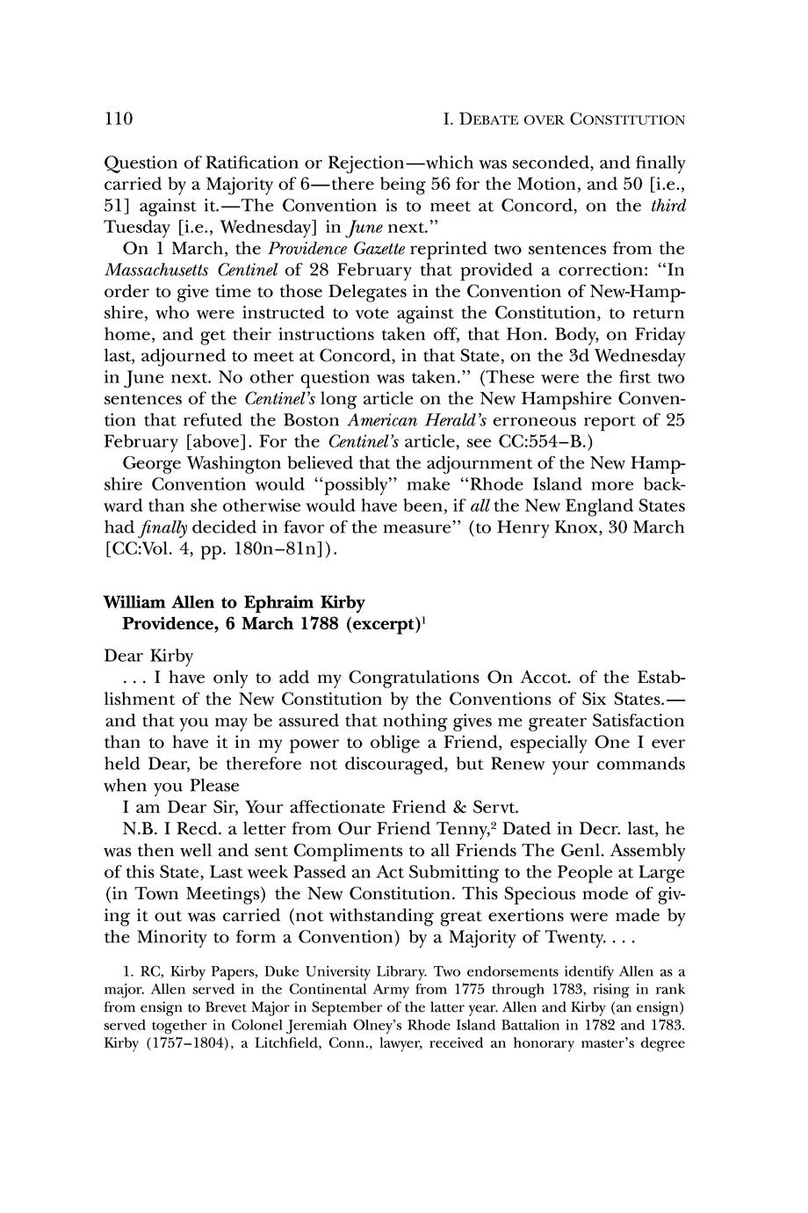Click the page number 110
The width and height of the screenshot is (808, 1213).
[x=118, y=119]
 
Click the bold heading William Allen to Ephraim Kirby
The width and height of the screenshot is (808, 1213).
[x=234, y=602]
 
